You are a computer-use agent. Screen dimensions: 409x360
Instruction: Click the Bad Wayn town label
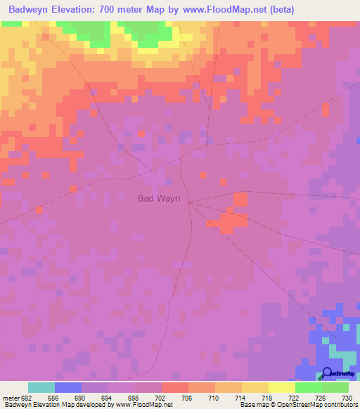pyautogui.click(x=158, y=199)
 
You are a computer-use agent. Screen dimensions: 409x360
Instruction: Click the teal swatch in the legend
pyautogui.click(x=41, y=387)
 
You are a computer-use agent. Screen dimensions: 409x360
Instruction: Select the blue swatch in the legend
pyautogui.click(x=67, y=387)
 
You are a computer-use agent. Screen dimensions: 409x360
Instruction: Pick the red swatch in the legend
pyautogui.click(x=174, y=387)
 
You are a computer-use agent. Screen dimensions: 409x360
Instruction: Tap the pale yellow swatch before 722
pyautogui.click(x=281, y=387)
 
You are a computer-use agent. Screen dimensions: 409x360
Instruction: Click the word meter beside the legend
pyautogui.click(x=10, y=398)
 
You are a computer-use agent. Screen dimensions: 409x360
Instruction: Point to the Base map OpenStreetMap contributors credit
pyautogui.click(x=298, y=405)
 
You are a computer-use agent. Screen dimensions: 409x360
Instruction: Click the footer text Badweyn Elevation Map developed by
pyautogui.click(x=60, y=405)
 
